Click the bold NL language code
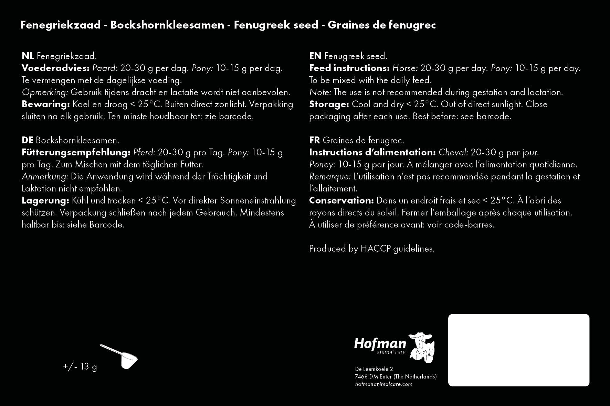point(28,56)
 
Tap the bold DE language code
point(28,140)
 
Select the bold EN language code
point(315,56)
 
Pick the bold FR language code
point(315,140)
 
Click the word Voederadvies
point(55,68)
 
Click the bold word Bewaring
point(46,104)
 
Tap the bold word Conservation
point(341,200)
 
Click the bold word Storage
point(329,104)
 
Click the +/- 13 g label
point(80,366)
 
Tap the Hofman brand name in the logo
point(380,344)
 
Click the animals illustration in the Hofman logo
point(422,347)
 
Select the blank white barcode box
point(518,350)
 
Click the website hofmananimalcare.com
point(383,384)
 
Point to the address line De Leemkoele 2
point(374,369)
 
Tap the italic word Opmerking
point(45,92)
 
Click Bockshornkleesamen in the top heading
point(167,25)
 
